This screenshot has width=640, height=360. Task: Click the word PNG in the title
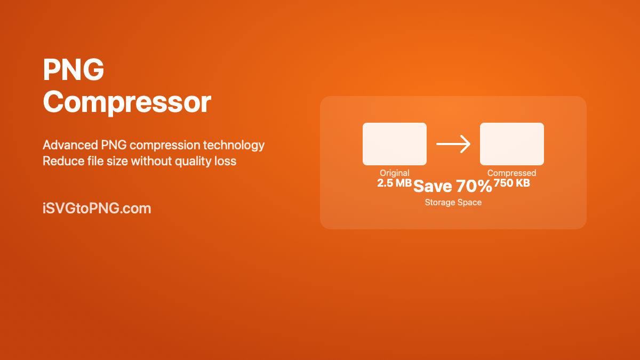(x=74, y=69)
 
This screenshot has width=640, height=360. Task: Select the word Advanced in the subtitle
(x=70, y=145)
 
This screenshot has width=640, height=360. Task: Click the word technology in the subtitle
(x=234, y=146)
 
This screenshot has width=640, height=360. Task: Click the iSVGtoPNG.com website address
(x=97, y=208)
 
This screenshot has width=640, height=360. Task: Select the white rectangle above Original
(x=395, y=144)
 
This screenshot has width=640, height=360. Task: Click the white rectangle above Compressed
(x=511, y=144)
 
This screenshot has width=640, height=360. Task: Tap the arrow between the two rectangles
(x=453, y=143)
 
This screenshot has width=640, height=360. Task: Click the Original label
(x=395, y=173)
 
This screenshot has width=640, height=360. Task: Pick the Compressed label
(x=511, y=173)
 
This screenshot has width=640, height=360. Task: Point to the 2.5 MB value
(x=395, y=183)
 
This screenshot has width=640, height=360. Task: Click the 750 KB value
(x=511, y=183)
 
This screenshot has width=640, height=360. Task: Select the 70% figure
(x=474, y=186)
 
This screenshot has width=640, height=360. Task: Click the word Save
(x=433, y=186)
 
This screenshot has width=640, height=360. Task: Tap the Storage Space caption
(x=453, y=203)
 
